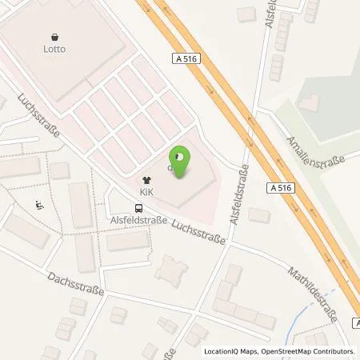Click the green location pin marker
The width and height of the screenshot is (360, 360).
click(x=182, y=160)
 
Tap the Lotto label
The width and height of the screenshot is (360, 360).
click(x=55, y=48)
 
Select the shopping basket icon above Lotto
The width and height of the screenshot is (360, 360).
click(x=55, y=36)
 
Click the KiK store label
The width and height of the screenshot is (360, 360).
click(x=146, y=193)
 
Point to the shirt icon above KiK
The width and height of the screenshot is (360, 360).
click(x=146, y=181)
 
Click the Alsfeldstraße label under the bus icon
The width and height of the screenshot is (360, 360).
click(x=139, y=221)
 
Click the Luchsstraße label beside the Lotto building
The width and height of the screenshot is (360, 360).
click(x=40, y=119)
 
